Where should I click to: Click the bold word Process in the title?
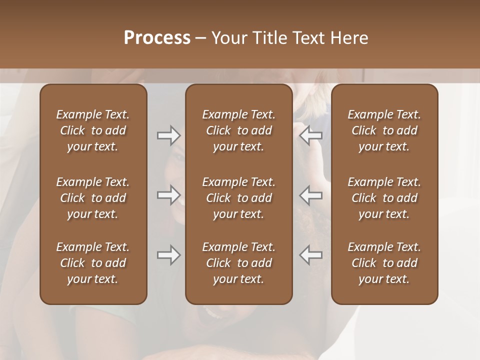click(157, 38)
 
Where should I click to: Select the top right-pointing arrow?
click(168, 135)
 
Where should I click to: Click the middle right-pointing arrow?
click(168, 195)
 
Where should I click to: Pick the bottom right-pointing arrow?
click(168, 255)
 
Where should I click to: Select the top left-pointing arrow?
click(311, 135)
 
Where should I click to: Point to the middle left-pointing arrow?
click(311, 195)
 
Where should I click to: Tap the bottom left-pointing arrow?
click(311, 255)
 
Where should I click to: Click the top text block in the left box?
click(93, 130)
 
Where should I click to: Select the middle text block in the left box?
click(93, 198)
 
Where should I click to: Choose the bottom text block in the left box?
click(93, 263)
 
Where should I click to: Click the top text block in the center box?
click(239, 130)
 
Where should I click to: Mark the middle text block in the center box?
click(239, 198)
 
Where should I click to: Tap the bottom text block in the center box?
click(239, 263)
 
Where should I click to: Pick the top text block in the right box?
click(384, 130)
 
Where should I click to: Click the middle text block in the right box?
click(384, 198)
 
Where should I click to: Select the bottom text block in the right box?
click(384, 263)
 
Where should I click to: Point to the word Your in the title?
click(228, 38)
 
